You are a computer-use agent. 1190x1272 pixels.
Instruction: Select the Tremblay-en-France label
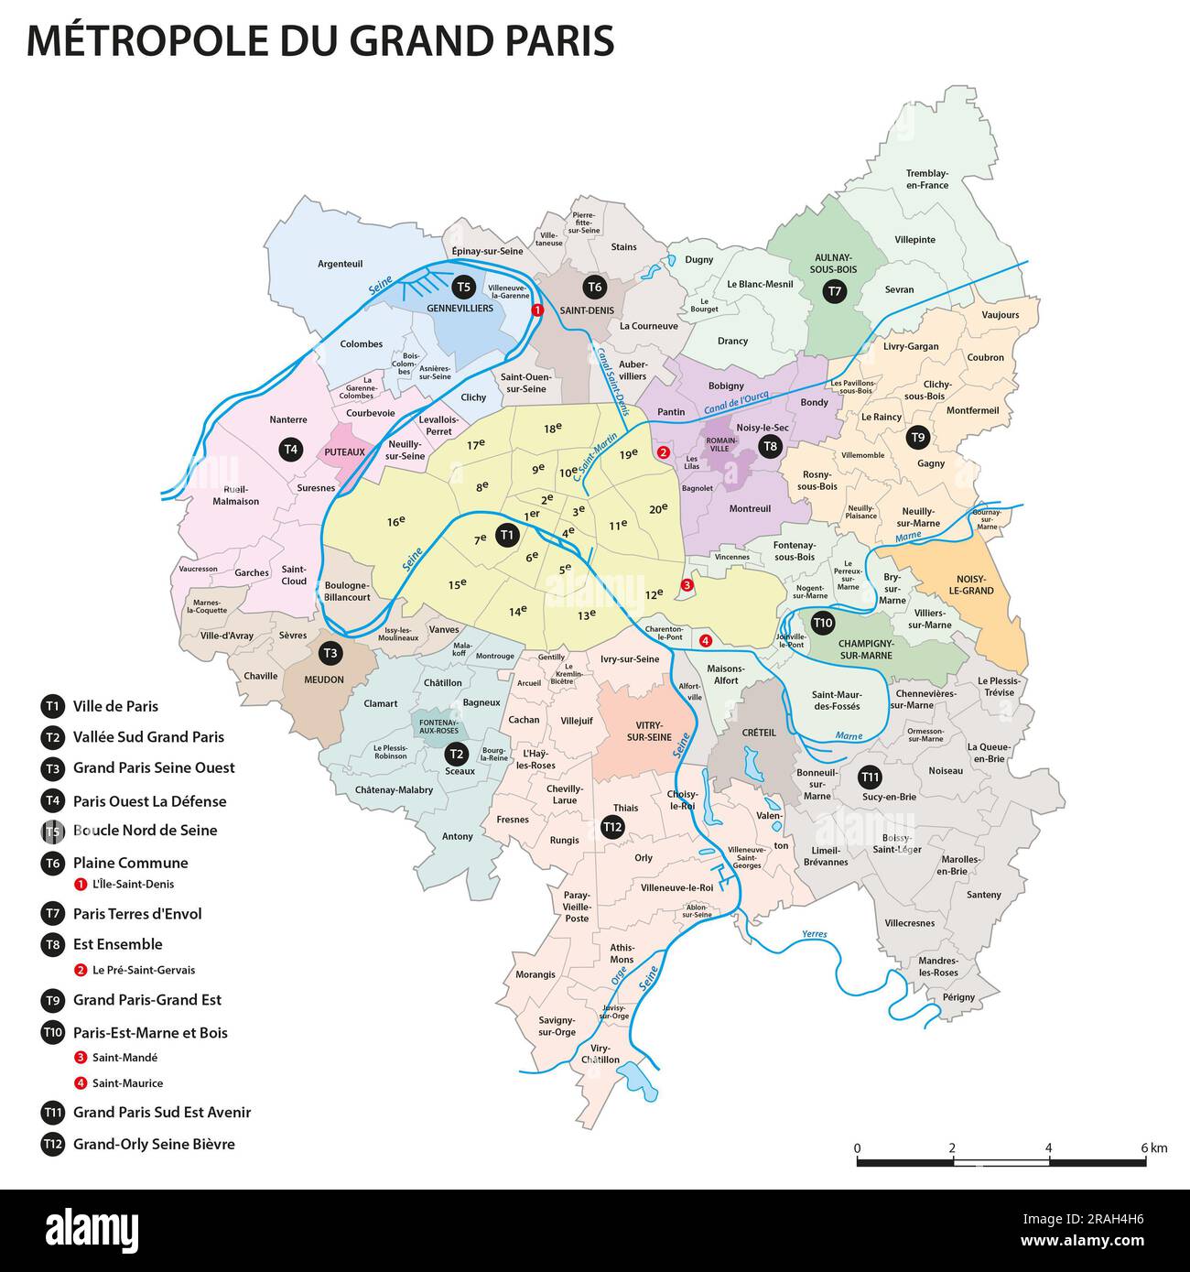pyautogui.click(x=926, y=179)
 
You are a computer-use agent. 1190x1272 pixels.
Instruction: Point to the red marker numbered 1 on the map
pyautogui.click(x=537, y=310)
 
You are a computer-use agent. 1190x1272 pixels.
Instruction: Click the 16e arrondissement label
pyautogui.click(x=395, y=521)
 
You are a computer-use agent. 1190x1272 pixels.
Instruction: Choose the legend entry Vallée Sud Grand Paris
pyautogui.click(x=148, y=737)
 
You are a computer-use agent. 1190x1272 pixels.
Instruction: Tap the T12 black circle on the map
pyautogui.click(x=612, y=827)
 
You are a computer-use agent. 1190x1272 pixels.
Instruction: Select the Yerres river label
pyautogui.click(x=814, y=935)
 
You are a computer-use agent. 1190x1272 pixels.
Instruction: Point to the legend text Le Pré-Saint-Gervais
pyautogui.click(x=144, y=970)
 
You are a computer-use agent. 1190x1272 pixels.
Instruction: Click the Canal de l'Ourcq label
pyautogui.click(x=736, y=401)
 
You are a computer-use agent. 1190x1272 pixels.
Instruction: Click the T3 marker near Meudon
pyautogui.click(x=330, y=653)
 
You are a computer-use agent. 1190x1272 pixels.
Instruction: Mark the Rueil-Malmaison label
pyautogui.click(x=235, y=495)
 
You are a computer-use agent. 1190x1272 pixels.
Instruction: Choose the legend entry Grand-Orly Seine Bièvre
pyautogui.click(x=154, y=1144)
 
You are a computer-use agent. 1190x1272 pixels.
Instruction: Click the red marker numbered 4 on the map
pyautogui.click(x=705, y=641)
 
